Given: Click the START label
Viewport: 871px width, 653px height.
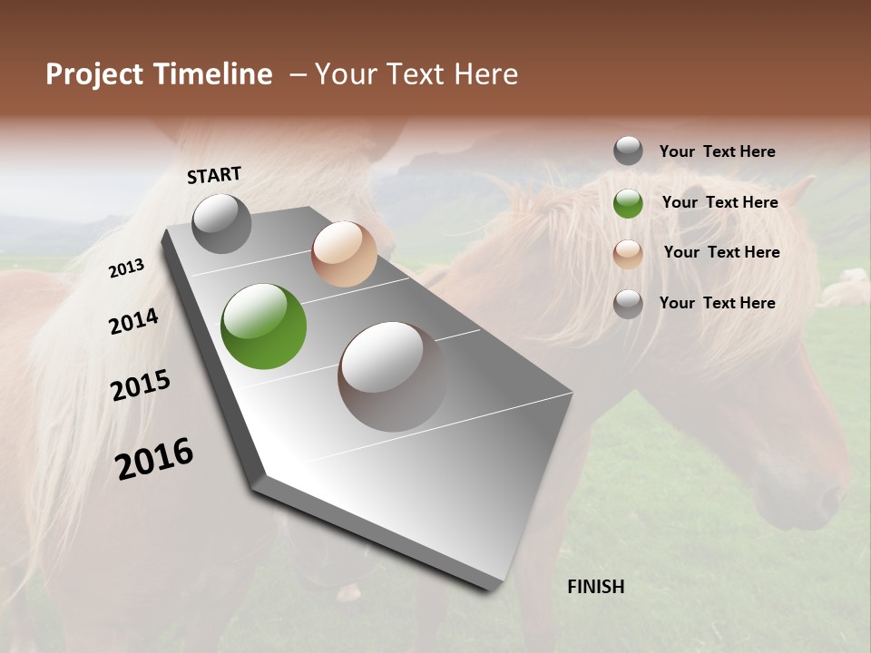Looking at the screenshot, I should coord(214,175).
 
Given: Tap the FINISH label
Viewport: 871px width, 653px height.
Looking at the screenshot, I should coord(595,587).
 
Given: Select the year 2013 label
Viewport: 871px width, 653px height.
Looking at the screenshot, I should coord(126,268).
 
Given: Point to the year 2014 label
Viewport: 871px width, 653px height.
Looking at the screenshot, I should coord(133,321).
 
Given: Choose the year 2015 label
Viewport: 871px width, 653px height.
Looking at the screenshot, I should coord(141,385).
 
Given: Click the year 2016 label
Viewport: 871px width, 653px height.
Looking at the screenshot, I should coord(154,458).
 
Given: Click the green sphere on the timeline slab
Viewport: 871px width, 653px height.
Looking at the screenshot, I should coord(263,326).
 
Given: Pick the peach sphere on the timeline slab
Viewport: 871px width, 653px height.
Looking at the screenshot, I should coord(344,254).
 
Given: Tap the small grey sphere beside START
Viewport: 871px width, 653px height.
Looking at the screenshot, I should coord(221,223).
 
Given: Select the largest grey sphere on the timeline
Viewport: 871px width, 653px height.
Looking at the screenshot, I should coord(393,376).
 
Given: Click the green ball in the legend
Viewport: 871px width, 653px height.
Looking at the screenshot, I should coord(628,203).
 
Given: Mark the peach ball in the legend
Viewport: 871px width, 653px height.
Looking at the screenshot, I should coord(628,254).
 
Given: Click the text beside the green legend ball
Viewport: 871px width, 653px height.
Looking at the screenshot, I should coord(719,202).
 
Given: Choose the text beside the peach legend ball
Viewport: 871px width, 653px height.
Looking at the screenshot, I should coord(721,252).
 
